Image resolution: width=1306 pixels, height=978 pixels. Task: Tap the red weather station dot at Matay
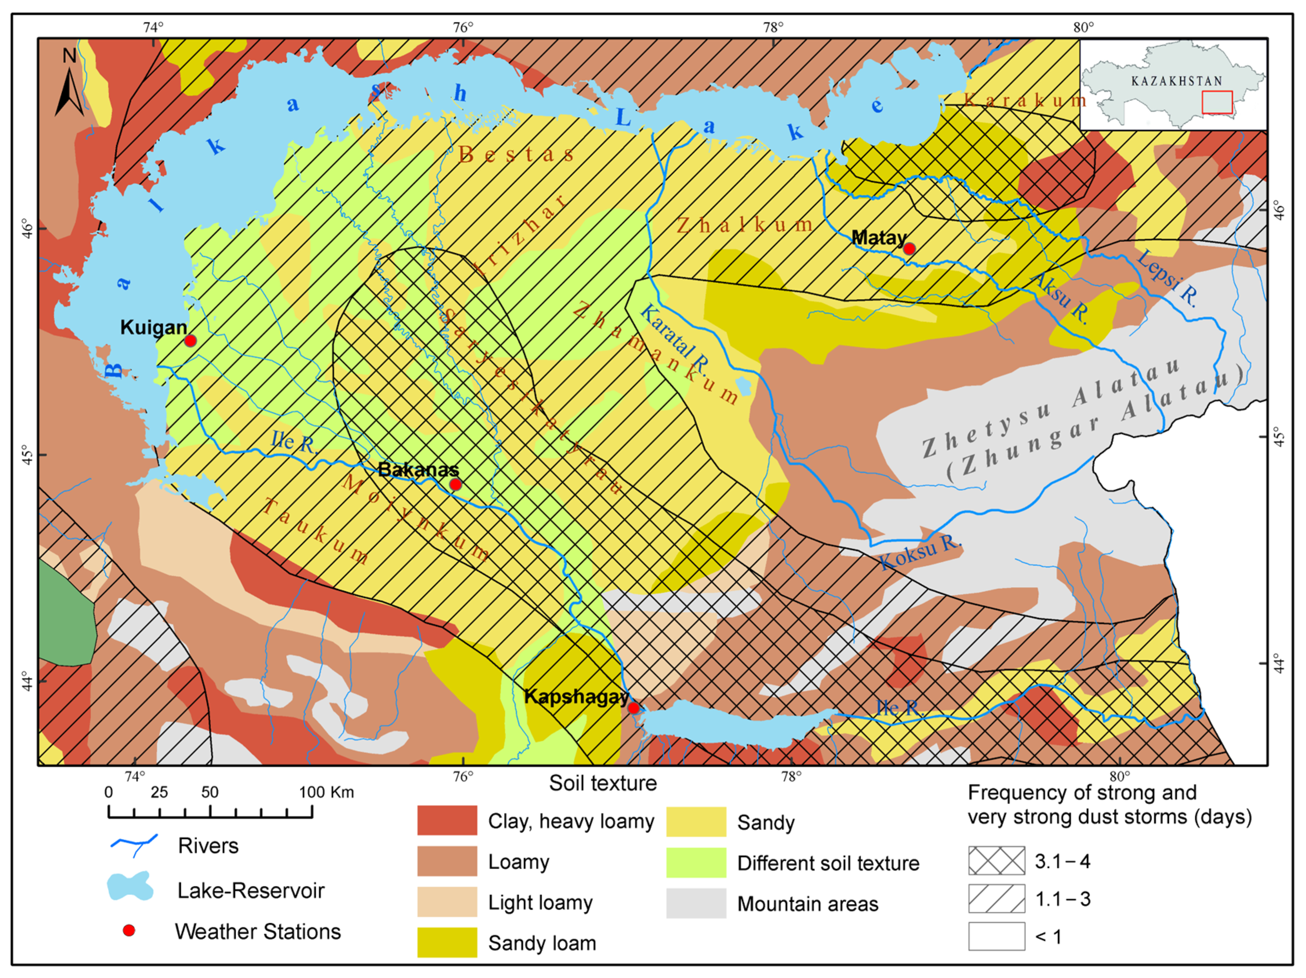[x=909, y=249]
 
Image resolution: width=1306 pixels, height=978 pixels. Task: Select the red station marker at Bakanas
[x=455, y=484]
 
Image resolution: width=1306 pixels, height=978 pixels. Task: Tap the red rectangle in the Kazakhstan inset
[x=1217, y=102]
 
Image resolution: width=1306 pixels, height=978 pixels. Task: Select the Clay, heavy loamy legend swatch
[x=447, y=820]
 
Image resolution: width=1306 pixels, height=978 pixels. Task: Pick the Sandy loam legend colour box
[x=447, y=942]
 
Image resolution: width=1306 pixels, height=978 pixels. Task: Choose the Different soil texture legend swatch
[x=696, y=862]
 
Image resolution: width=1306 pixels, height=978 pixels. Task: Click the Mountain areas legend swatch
[x=696, y=903]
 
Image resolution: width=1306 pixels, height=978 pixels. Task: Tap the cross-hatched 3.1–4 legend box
[x=997, y=860]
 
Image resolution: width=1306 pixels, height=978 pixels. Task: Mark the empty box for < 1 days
[x=997, y=936]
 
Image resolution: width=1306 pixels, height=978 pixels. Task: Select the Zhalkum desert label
[x=745, y=225]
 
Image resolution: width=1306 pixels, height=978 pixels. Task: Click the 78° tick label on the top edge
[x=773, y=27]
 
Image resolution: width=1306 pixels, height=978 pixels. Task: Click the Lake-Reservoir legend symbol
[x=131, y=887]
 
